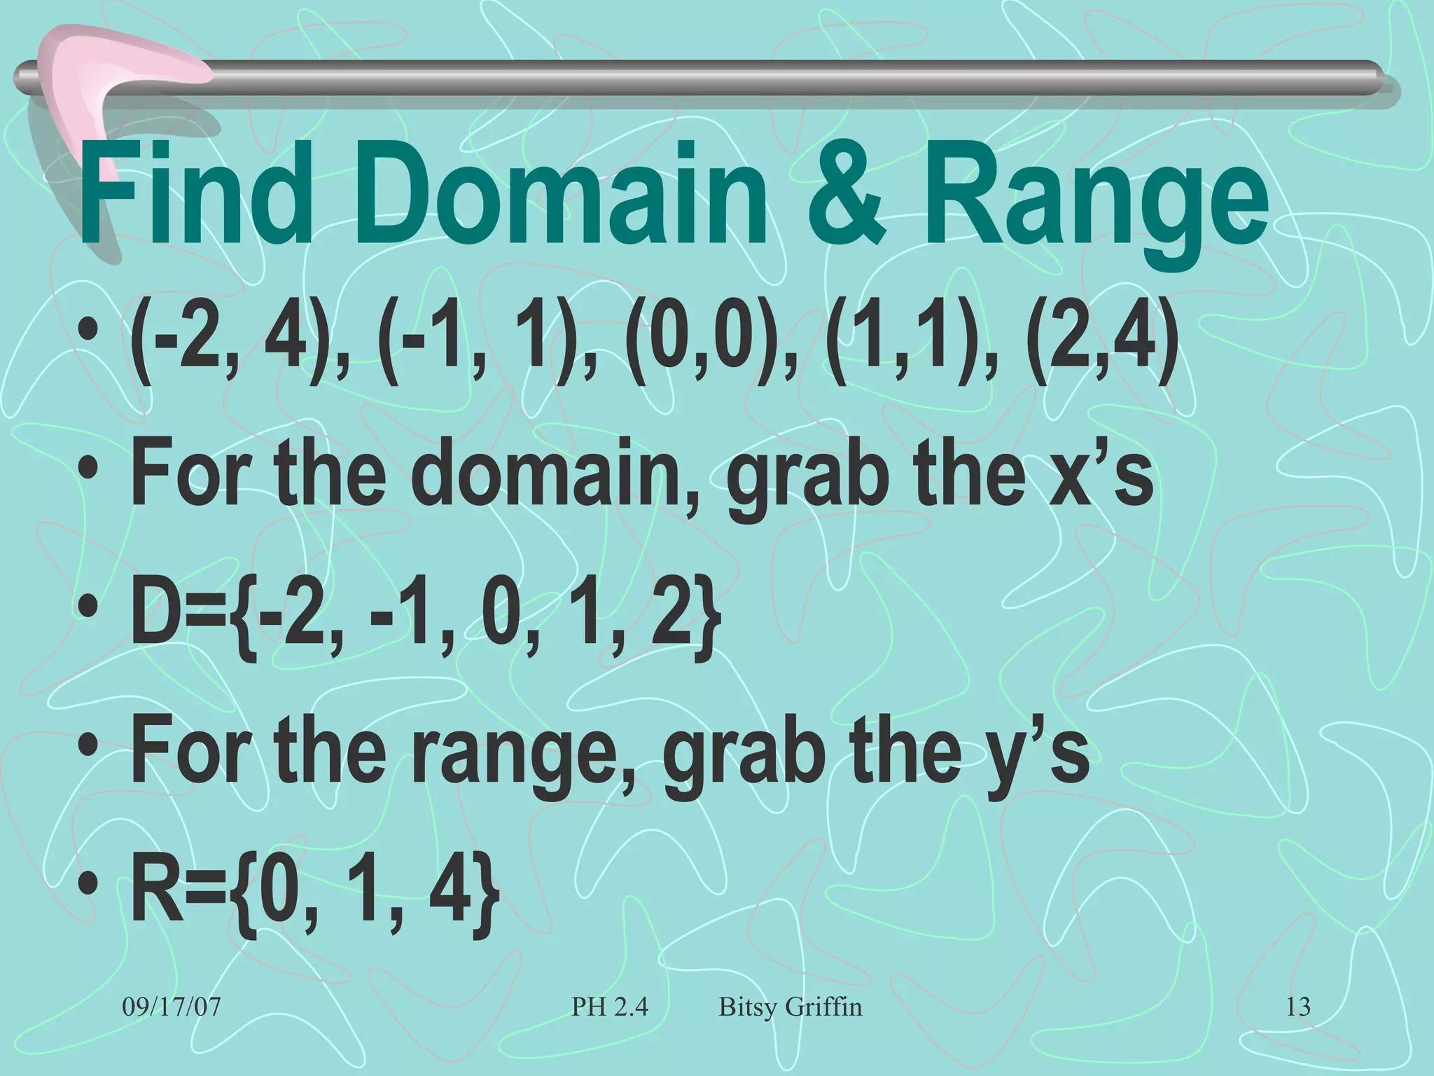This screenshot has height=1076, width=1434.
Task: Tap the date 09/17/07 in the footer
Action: tap(172, 1007)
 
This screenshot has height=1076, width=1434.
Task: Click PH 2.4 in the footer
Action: tap(609, 1007)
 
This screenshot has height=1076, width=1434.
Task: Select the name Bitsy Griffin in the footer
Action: tap(790, 1007)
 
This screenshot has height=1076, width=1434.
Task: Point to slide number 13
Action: tap(1297, 1007)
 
